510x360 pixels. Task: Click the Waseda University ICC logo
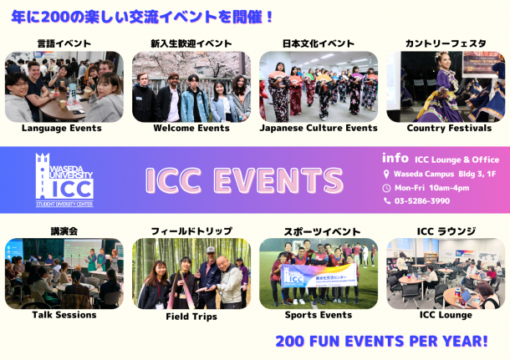(64, 180)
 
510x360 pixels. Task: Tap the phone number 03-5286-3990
(422, 201)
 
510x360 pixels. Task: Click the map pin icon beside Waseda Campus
(386, 174)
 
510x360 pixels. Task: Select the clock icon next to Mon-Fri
(386, 188)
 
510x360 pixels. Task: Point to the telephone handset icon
(387, 200)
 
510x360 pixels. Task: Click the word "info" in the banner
(395, 158)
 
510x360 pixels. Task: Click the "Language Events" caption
(62, 128)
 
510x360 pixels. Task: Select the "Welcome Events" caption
(191, 128)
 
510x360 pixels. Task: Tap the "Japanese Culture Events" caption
(319, 128)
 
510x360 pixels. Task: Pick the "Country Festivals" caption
(449, 128)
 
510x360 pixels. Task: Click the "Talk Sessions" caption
(64, 315)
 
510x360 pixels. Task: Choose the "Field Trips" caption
(191, 317)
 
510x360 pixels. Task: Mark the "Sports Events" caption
(319, 315)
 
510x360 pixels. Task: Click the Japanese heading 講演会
(64, 231)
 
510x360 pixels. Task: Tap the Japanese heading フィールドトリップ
(191, 231)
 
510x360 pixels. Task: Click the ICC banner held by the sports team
(319, 276)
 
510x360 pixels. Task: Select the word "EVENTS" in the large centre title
(278, 180)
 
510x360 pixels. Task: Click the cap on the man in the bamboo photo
(211, 250)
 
